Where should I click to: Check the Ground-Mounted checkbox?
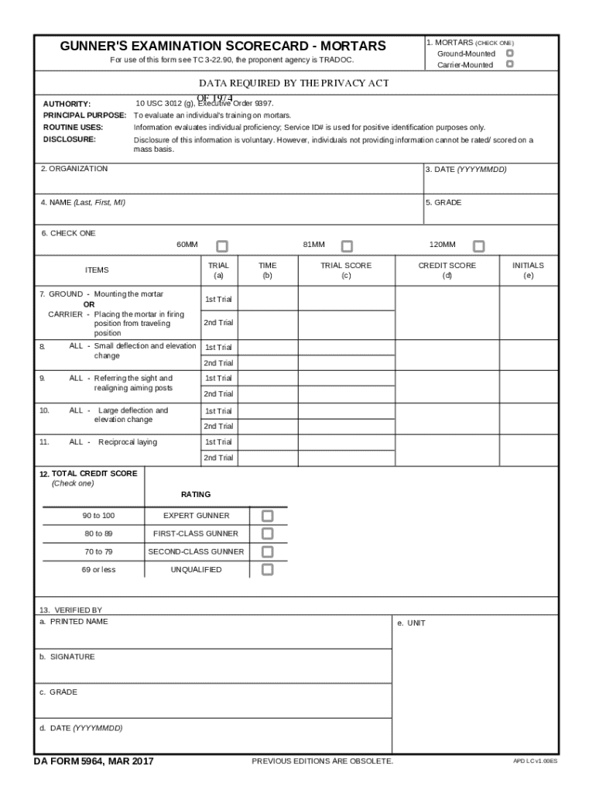[509, 53]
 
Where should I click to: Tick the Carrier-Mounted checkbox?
[509, 64]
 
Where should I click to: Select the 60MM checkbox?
[222, 246]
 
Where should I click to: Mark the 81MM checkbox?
[347, 246]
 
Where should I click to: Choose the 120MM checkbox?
[478, 246]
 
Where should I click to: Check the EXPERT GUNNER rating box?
[267, 516]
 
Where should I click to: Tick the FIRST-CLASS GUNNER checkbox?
[267, 534]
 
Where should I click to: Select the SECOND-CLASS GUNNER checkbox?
[267, 552]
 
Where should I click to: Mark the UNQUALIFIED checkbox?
[267, 570]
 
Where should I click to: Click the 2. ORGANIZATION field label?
[74, 169]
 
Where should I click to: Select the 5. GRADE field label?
[443, 202]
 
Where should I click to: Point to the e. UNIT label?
[411, 623]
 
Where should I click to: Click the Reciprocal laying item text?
[127, 442]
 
